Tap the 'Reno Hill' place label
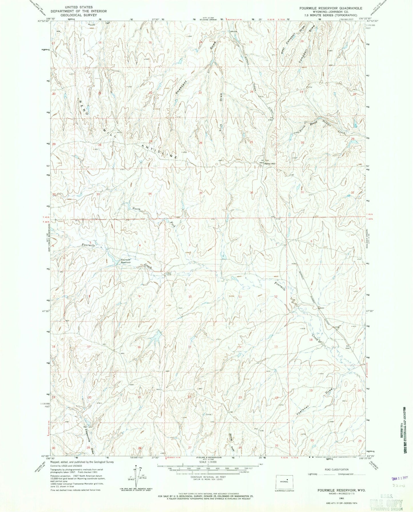270,164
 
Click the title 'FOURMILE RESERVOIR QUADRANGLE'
331,8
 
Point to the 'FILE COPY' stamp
386,503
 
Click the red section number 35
201,193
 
